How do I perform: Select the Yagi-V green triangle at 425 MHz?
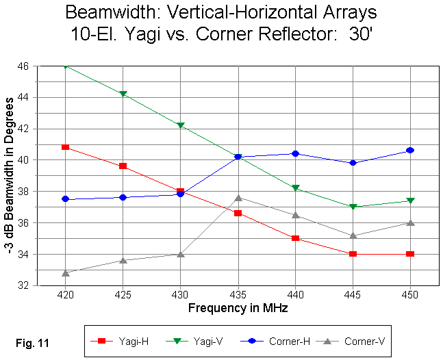coord(123,94)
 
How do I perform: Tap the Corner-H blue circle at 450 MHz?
coord(410,151)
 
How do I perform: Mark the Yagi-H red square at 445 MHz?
coord(353,254)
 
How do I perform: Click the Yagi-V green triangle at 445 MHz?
coord(353,207)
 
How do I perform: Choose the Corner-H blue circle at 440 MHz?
coord(295,153)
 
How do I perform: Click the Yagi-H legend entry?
coord(117,339)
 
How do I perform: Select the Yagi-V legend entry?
coord(187,339)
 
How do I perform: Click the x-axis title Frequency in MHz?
coord(238,309)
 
